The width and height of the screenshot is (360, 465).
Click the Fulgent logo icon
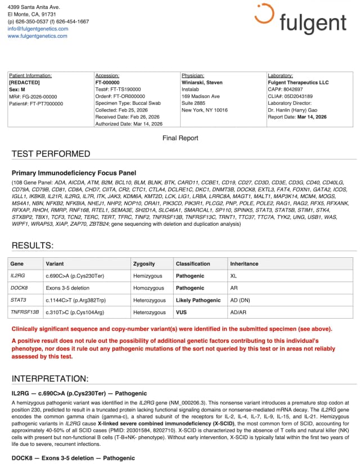point(264,14)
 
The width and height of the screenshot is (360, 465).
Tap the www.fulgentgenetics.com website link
point(37,35)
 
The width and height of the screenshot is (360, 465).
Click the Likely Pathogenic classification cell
point(198,300)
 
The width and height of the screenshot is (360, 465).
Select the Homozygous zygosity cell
point(148,288)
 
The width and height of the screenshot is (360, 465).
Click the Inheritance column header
point(244,263)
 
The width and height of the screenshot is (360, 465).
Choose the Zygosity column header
point(144,263)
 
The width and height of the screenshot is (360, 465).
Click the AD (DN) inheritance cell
point(242,300)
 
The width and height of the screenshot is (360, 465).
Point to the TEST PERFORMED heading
point(51,154)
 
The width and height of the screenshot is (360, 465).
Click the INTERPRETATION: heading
point(50,378)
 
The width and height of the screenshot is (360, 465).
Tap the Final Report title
point(180,138)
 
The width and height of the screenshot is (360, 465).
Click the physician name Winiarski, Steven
point(202,82)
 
